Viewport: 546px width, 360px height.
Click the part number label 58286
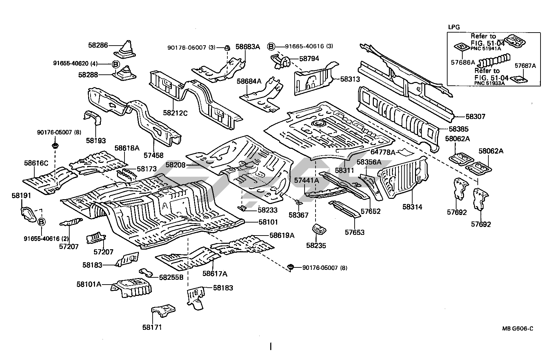pos(98,45)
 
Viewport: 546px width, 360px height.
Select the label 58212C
pos(175,112)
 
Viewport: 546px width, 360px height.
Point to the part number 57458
pos(153,155)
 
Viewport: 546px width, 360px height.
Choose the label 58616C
pos(36,163)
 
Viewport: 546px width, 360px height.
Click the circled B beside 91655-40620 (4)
pos(116,64)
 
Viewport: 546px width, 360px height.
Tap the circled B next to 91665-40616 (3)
pos(271,46)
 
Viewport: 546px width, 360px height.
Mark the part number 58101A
pos(89,284)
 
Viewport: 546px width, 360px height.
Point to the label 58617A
pos(215,274)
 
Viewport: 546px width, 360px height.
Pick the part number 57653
pos(355,232)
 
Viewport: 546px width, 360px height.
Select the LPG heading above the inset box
pos(454,27)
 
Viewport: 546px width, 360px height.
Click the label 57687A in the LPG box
pos(525,66)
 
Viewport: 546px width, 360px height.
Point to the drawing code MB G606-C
pos(518,329)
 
